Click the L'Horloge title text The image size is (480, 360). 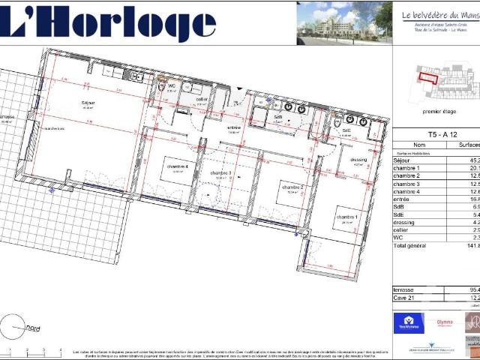(x=108, y=23)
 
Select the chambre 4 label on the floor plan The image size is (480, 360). (x=178, y=166)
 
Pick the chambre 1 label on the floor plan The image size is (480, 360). (x=346, y=217)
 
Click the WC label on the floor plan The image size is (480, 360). (x=171, y=86)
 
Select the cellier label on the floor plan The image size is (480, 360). (x=202, y=99)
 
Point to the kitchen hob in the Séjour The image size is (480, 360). (x=136, y=77)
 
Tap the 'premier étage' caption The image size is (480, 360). (x=439, y=111)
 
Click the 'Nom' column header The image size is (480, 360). (x=419, y=144)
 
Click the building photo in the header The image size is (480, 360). (x=343, y=23)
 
